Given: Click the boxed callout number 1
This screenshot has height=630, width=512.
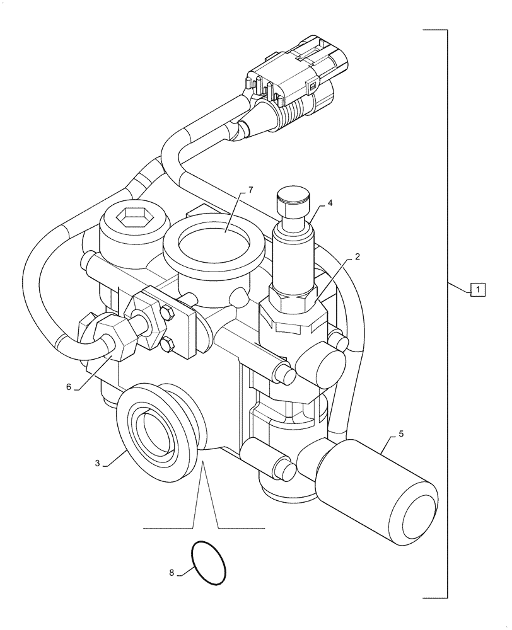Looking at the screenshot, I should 478,290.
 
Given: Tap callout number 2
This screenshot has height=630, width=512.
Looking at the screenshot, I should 357,257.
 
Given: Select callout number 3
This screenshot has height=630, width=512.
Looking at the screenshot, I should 98,463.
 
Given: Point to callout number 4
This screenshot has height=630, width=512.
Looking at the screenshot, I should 330,203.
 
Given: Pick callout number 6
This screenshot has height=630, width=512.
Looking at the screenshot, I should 68,387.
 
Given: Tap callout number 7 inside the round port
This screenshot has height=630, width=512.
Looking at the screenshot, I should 233,190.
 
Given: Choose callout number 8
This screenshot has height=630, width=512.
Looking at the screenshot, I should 172,573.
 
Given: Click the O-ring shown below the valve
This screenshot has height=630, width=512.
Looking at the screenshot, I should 207,563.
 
